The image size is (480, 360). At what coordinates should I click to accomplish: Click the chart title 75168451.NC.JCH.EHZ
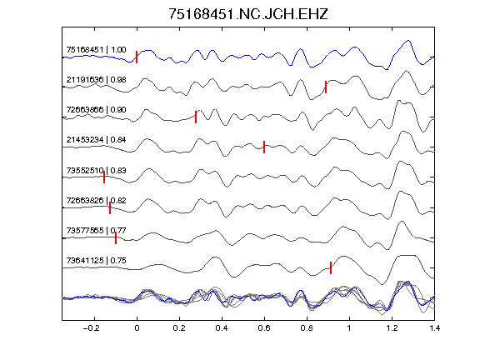248,14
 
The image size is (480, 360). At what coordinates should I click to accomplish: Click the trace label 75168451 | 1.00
96,50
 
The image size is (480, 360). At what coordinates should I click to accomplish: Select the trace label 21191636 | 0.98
96,80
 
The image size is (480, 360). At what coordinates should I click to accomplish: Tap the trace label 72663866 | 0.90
96,110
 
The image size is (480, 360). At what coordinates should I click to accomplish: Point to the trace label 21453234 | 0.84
96,140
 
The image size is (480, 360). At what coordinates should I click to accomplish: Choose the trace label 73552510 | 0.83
96,170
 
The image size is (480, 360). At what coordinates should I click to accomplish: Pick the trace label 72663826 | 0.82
96,201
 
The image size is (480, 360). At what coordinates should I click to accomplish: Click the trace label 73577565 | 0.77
96,230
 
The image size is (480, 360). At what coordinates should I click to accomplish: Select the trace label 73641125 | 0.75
96,261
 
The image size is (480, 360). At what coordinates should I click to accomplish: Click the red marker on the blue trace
137,57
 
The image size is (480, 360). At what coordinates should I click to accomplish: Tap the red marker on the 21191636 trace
326,87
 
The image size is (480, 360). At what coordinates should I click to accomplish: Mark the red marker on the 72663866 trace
196,117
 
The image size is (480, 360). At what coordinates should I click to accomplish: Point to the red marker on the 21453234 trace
264,147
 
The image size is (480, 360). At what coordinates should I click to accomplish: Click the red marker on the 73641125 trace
331,267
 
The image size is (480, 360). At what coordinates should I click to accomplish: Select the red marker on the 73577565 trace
116,237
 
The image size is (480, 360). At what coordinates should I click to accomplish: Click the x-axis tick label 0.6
264,328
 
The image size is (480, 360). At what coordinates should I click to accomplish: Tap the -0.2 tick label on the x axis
92,328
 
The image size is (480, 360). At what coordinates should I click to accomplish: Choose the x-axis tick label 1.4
435,328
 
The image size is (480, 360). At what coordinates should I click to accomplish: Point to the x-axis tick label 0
137,328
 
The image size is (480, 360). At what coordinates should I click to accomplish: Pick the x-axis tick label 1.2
392,328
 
